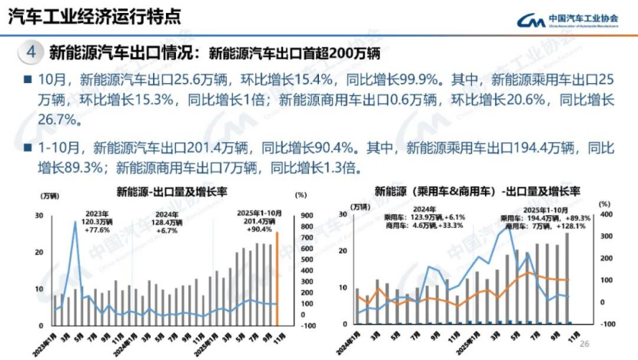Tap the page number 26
[x=583, y=344]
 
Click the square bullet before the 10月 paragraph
[x=27, y=80]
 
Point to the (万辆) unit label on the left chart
[x=48, y=201]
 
